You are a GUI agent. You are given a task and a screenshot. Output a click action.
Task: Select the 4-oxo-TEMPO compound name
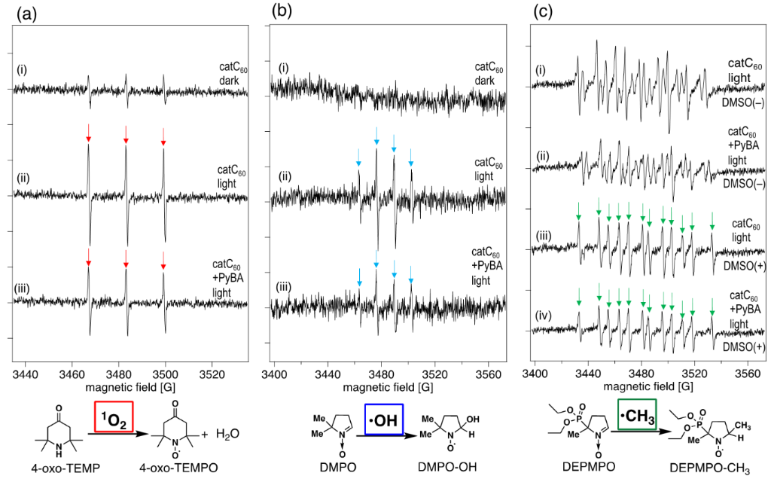pos(189,468)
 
